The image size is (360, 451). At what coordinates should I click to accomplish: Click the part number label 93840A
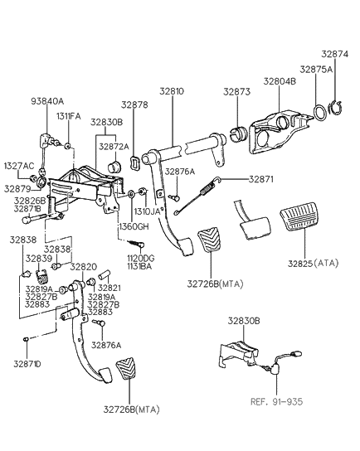click(46, 101)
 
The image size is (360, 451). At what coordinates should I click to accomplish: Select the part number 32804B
click(281, 82)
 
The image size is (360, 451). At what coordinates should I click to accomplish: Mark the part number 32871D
click(26, 363)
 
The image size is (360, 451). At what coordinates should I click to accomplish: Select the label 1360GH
click(133, 225)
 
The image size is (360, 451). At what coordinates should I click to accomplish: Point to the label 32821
click(109, 288)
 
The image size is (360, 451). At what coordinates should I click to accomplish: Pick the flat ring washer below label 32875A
click(318, 110)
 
